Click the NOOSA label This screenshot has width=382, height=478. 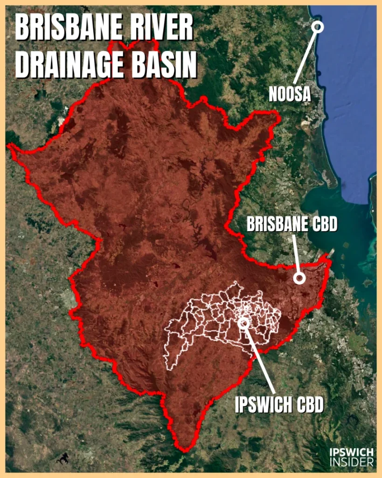(x=290, y=95)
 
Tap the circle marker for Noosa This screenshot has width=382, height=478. (x=318, y=27)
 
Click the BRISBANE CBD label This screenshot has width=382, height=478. (x=292, y=225)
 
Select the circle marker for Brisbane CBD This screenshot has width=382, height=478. (x=299, y=279)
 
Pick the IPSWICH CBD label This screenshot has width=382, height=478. (x=279, y=405)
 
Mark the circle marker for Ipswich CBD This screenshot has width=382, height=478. (x=243, y=322)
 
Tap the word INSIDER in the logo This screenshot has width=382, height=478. (x=351, y=462)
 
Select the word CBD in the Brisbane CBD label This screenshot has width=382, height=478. (x=322, y=225)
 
